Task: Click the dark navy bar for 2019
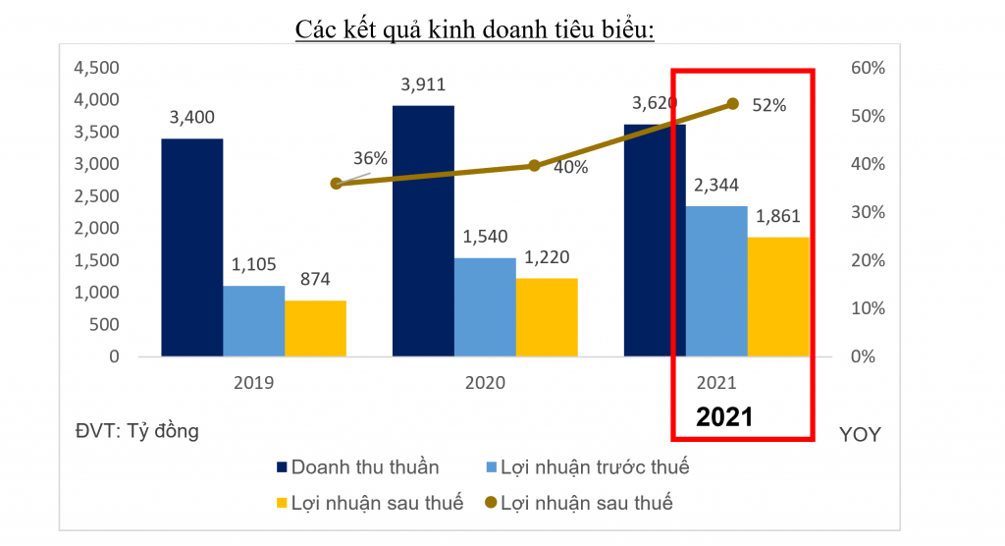(x=191, y=247)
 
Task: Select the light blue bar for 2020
(x=485, y=307)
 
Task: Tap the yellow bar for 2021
(x=778, y=297)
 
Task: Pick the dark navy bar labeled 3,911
(x=423, y=231)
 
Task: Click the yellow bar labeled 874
(x=315, y=328)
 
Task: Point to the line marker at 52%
(x=732, y=103)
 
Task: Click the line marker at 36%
(x=337, y=184)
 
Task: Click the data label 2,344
(x=716, y=185)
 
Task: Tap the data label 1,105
(x=253, y=264)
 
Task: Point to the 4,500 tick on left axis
(x=96, y=68)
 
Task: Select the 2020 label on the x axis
(x=485, y=383)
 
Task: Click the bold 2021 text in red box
(x=724, y=416)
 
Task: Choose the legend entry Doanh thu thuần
(x=364, y=466)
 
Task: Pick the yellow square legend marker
(x=282, y=504)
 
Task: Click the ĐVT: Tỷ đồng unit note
(x=137, y=430)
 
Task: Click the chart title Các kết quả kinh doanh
(x=475, y=29)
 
